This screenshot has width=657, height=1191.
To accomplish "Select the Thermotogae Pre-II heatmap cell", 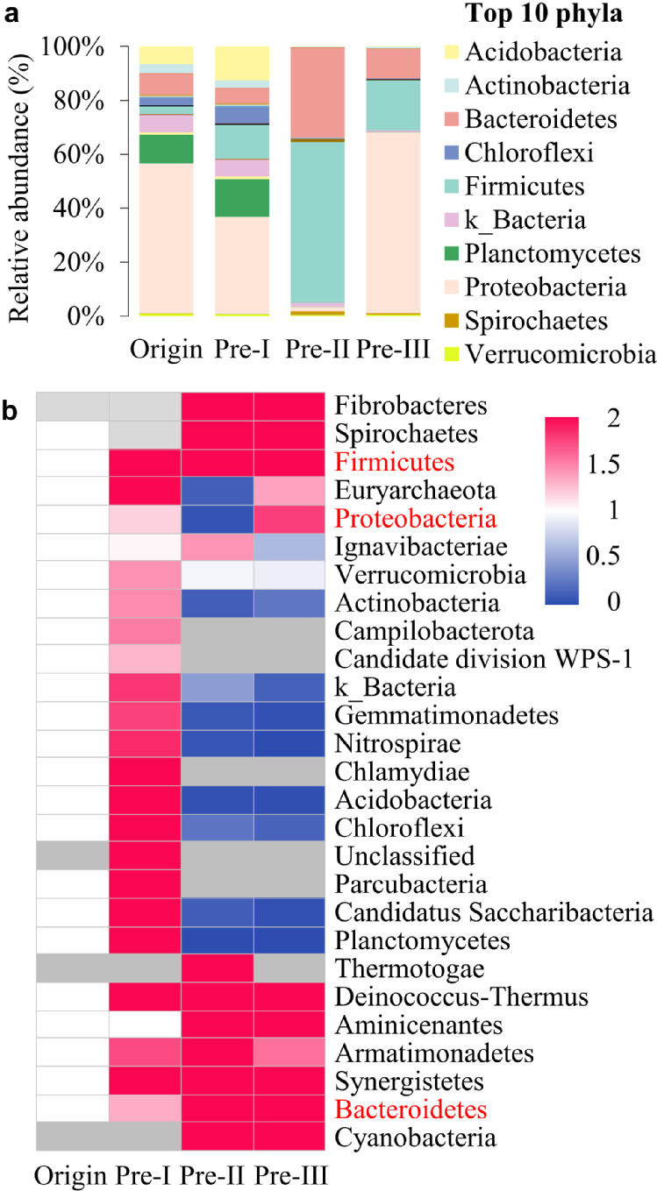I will point(217,968).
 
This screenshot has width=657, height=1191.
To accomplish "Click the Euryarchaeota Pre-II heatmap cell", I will point(217,490).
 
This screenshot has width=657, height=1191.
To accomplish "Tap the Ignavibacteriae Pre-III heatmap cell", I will point(289,547).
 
